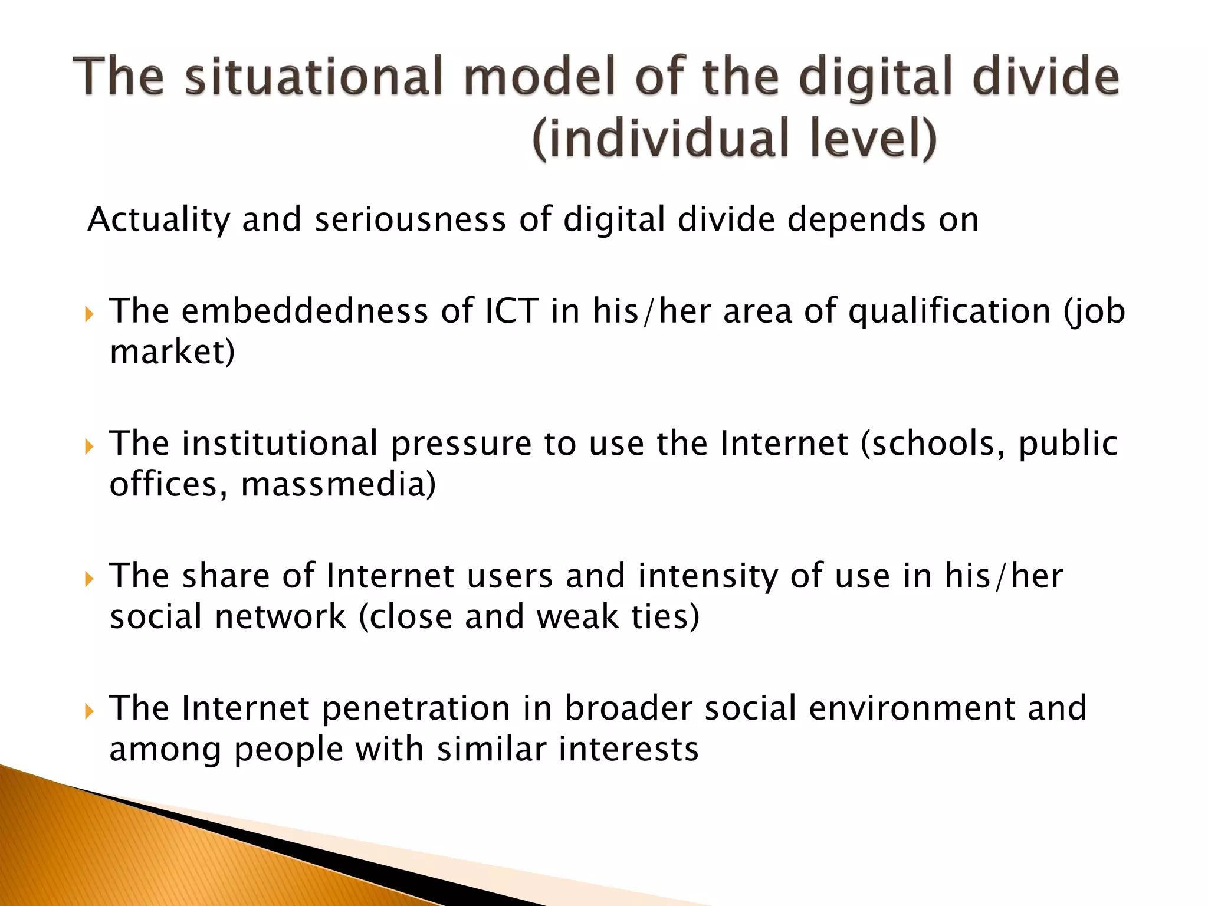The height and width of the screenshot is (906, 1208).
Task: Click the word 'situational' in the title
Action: [313, 77]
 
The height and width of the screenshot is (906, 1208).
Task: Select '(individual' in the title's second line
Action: [661, 139]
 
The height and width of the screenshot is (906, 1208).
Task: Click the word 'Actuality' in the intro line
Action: [158, 221]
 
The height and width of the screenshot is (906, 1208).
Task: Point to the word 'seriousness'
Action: [410, 219]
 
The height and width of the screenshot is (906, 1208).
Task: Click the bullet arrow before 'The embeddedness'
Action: [89, 313]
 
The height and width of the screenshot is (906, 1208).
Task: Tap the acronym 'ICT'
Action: [511, 311]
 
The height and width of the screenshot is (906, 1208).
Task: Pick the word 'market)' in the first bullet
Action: [172, 352]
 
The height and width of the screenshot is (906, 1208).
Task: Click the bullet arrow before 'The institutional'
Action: [89, 446]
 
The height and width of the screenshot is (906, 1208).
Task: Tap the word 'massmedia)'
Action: [339, 485]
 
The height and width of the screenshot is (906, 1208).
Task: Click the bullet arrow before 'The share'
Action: [89, 579]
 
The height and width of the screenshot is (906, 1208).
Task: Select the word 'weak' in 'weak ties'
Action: [577, 617]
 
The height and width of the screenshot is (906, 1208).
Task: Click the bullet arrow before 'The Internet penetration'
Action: [89, 711]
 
